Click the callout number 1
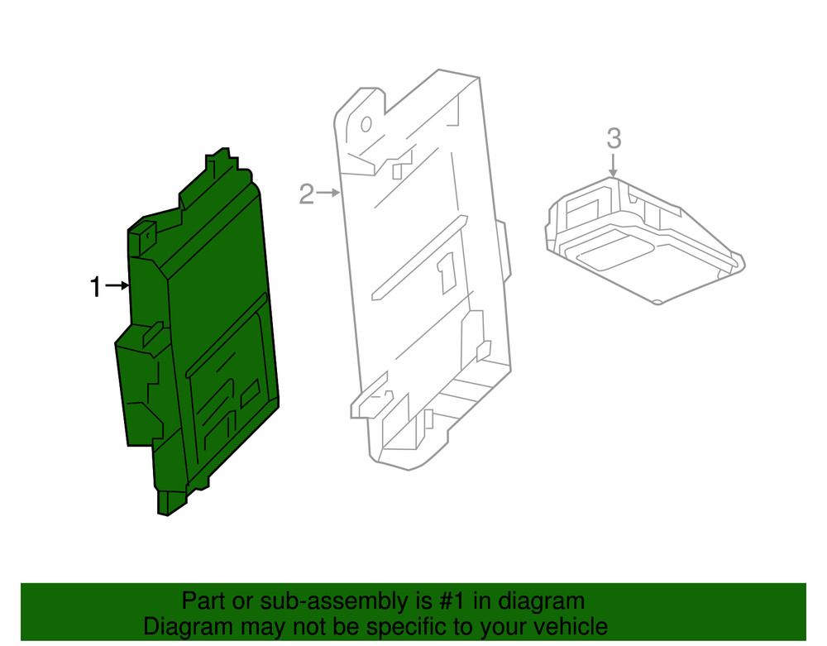[x=95, y=288]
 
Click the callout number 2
[x=307, y=195]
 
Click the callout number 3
[x=613, y=138]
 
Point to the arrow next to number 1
[x=117, y=286]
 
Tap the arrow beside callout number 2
[x=328, y=194]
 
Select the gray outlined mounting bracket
[x=422, y=273]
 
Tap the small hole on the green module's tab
[x=147, y=234]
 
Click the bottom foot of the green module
[x=170, y=503]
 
